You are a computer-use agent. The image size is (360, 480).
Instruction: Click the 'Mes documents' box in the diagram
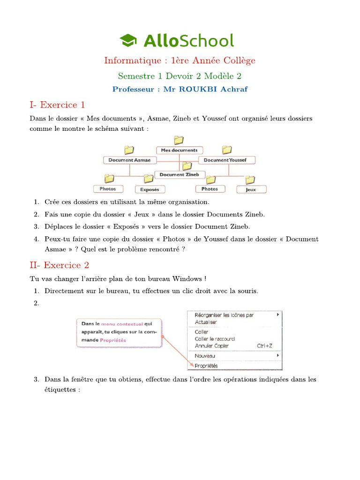[179, 150]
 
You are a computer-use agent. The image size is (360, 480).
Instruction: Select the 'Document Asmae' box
[129, 160]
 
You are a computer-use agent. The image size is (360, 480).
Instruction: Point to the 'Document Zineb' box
[179, 174]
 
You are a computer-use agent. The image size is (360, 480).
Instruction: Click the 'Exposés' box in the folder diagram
[150, 189]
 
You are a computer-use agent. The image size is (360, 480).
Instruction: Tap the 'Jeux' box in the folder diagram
[251, 189]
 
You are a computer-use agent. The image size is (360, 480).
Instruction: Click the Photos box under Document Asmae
[108, 189]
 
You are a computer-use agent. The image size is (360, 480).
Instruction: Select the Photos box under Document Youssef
[210, 189]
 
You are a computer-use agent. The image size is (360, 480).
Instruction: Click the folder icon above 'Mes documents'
[179, 140]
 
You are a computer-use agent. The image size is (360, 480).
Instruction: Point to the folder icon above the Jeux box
[250, 180]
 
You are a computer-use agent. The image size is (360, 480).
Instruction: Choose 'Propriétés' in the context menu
[206, 366]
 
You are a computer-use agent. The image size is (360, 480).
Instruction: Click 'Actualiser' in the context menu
[206, 322]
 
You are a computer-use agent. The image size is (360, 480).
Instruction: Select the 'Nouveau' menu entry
[205, 356]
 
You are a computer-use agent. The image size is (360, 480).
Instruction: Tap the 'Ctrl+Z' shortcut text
[265, 346]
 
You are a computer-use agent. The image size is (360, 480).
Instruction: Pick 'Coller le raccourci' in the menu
[215, 339]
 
